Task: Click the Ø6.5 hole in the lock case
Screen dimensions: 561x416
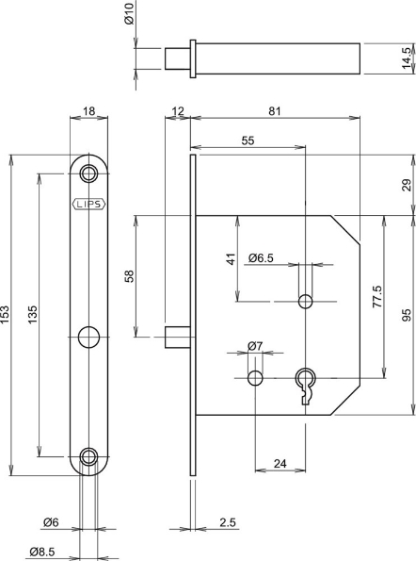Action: [x=304, y=302]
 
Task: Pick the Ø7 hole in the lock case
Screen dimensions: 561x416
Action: [x=255, y=378]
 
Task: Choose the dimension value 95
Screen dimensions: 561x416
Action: [x=407, y=315]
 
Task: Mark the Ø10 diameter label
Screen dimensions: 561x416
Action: [x=129, y=14]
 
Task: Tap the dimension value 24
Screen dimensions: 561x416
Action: [x=280, y=462]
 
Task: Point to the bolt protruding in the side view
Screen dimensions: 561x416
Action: [x=176, y=335]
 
